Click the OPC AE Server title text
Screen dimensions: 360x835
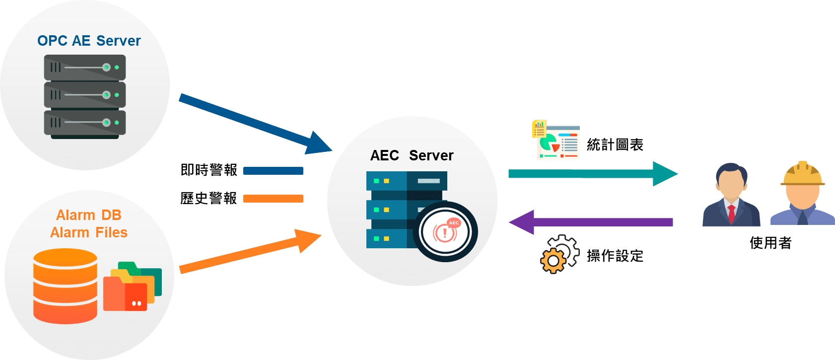coord(89,41)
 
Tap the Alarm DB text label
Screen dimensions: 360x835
coord(89,215)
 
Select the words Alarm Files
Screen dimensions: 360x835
coord(89,232)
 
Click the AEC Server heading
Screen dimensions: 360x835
coord(412,155)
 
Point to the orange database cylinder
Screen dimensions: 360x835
coord(65,286)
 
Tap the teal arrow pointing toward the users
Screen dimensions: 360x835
coord(591,173)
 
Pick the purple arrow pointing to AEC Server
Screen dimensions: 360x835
coord(591,222)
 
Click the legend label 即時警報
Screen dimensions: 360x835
coord(209,170)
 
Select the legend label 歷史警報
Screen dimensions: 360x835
coord(209,199)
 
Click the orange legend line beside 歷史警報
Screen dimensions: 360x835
coord(273,199)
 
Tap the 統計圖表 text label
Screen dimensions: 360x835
coord(615,145)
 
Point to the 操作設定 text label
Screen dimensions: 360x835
coord(615,256)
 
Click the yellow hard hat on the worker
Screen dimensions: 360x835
coord(802,174)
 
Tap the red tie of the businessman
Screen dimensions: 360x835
coord(731,214)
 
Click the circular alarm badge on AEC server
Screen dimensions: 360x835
coord(445,231)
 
